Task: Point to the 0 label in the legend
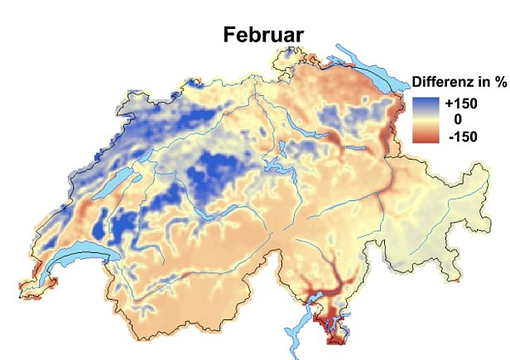(x=458, y=120)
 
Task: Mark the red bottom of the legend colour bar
(x=426, y=138)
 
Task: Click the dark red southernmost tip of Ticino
(x=337, y=338)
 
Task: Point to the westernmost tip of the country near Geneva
(x=20, y=293)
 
